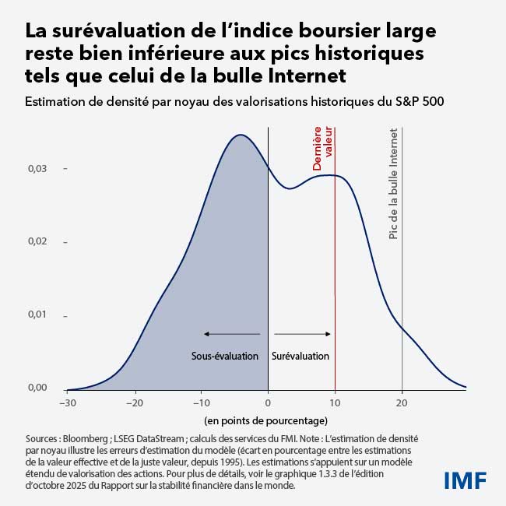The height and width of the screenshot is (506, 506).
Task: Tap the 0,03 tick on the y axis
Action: click(37, 168)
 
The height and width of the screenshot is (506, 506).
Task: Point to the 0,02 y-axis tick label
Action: click(37, 242)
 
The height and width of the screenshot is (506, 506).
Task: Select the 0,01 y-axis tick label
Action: click(37, 315)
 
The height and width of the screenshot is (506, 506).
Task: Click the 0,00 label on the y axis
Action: click(37, 388)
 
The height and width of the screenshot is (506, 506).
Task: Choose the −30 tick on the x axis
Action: click(67, 403)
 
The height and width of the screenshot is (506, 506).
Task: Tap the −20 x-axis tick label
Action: click(135, 403)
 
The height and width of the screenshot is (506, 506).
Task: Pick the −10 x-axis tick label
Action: click(201, 403)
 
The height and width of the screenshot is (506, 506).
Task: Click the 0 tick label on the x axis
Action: click(268, 403)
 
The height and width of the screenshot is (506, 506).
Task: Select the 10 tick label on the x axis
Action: click(335, 403)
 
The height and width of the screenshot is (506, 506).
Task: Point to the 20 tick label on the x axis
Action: click(402, 403)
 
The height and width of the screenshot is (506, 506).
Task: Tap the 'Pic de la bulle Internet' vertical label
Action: click(393, 184)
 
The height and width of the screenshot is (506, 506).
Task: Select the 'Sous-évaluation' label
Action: click(225, 356)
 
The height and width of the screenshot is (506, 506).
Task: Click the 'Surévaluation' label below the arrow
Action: click(300, 356)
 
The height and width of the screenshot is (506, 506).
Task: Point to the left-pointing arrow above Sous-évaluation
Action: click(232, 334)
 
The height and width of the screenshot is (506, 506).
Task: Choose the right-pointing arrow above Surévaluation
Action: click(303, 334)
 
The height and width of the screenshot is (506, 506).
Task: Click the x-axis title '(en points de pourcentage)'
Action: click(266, 421)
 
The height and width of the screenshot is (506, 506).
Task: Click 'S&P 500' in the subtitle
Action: click(421, 102)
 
